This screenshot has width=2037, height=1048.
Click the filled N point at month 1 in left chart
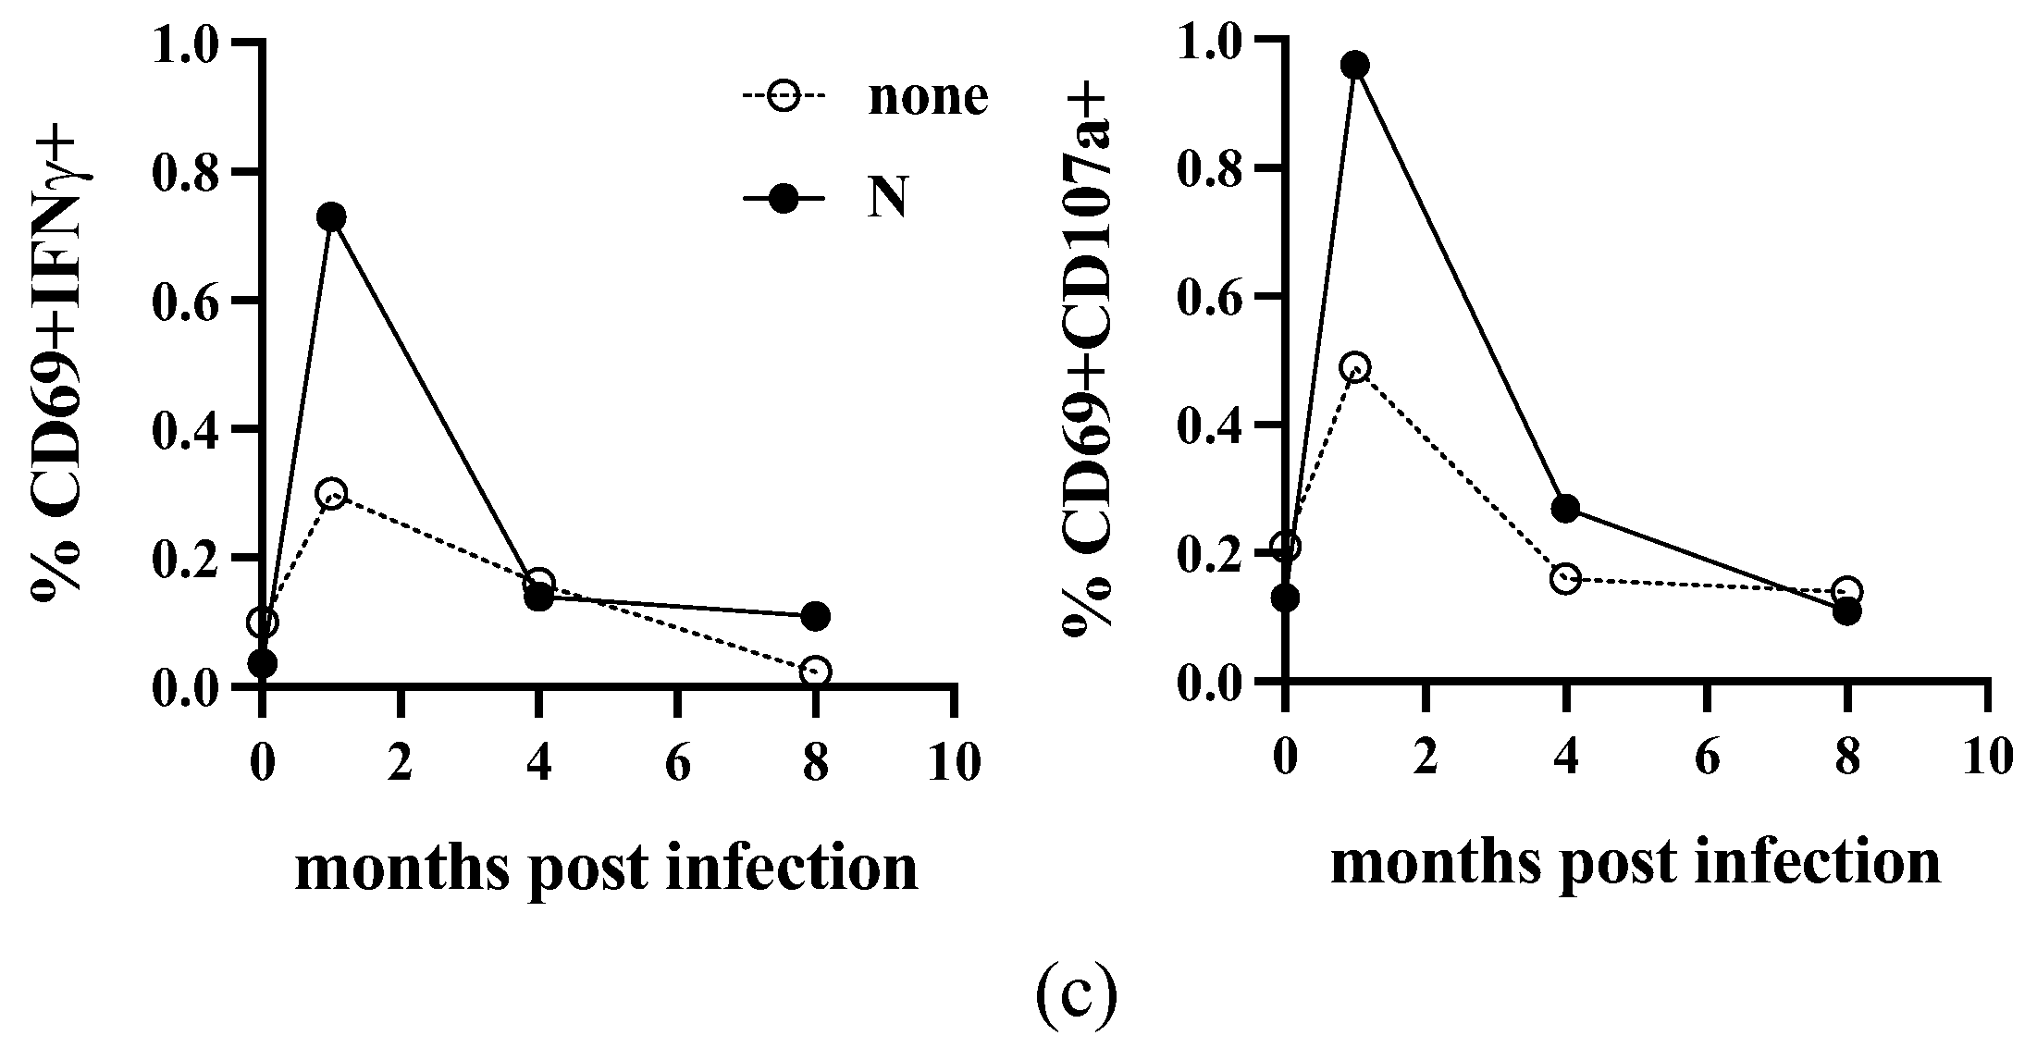pos(331,216)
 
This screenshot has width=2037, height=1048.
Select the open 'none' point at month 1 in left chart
pos(331,493)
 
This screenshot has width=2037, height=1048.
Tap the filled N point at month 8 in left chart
pos(815,616)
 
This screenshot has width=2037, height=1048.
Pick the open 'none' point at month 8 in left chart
pos(815,672)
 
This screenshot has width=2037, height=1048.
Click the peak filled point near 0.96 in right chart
pos(1355,65)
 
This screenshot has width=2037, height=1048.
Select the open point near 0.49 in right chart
pos(1355,367)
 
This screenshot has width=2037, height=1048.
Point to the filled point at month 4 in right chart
pos(1565,508)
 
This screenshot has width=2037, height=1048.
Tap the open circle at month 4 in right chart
pos(1565,579)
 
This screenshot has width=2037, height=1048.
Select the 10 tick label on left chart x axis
pos(953,767)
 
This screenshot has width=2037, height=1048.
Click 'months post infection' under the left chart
pos(607,868)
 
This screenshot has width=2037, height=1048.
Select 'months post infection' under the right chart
pos(1636,862)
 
